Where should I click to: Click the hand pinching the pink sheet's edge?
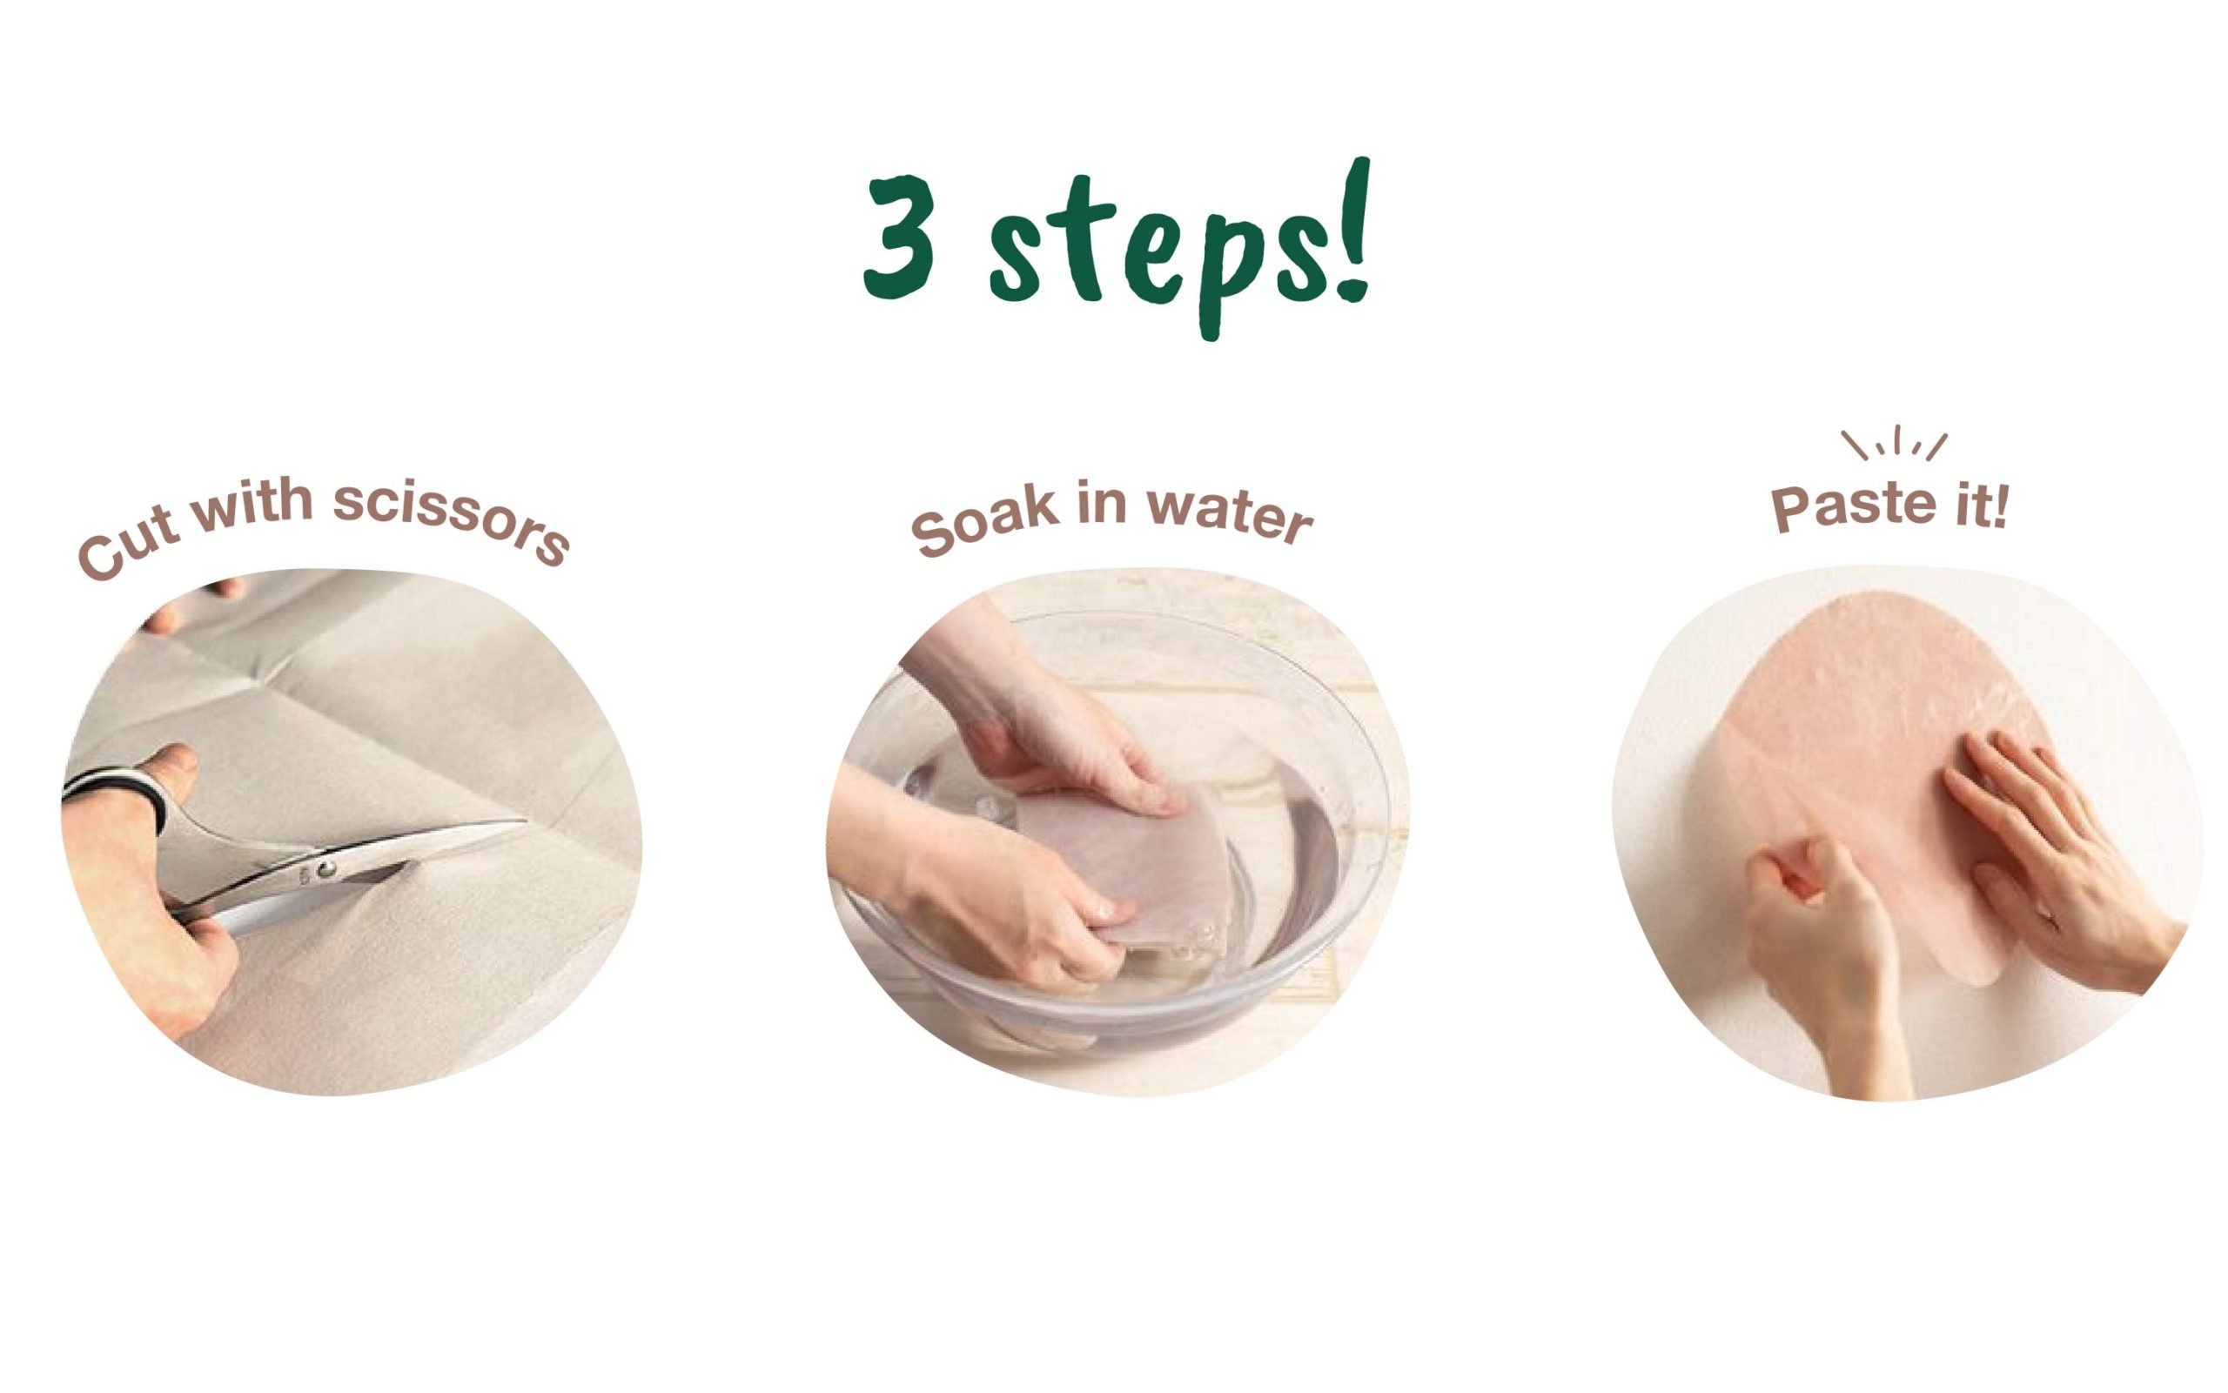click(1820, 968)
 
